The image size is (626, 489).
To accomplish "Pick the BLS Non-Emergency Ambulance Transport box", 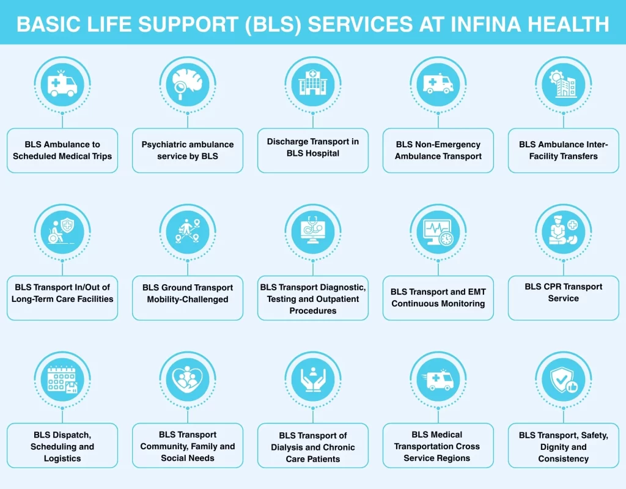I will click(438, 150).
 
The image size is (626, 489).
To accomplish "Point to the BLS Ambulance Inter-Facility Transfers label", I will click(563, 150).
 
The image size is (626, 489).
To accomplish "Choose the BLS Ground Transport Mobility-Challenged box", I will click(188, 293).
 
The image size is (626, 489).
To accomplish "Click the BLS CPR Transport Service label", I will click(563, 292).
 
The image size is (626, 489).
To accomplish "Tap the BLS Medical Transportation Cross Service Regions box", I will click(438, 446).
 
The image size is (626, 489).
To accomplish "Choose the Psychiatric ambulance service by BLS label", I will click(188, 150).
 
